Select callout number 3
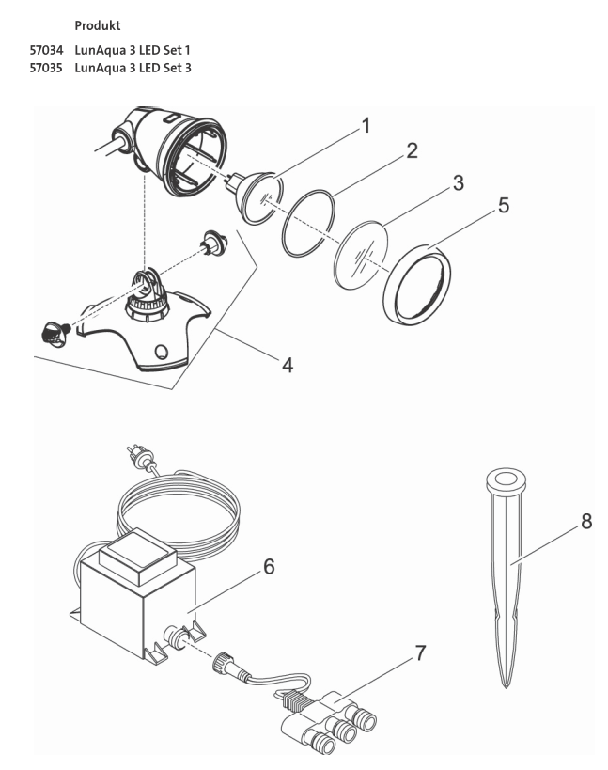click(457, 182)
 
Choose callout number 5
click(504, 205)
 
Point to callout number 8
click(586, 521)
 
